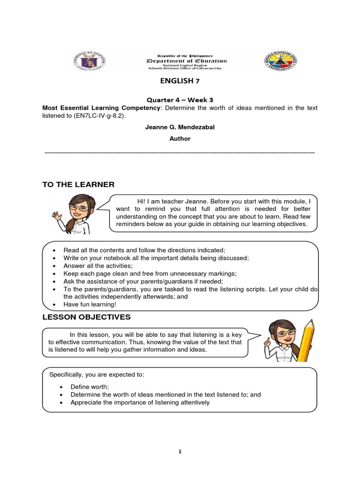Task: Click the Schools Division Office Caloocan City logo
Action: [280, 61]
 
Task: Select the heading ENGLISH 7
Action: [180, 81]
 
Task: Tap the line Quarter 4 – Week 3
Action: [180, 100]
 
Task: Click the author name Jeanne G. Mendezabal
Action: [180, 127]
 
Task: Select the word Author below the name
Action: [180, 139]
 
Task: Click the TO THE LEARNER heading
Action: [78, 184]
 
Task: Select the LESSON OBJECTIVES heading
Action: [86, 317]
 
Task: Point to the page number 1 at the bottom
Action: [180, 451]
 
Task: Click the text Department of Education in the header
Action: [187, 61]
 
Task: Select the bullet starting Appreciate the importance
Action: [140, 402]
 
